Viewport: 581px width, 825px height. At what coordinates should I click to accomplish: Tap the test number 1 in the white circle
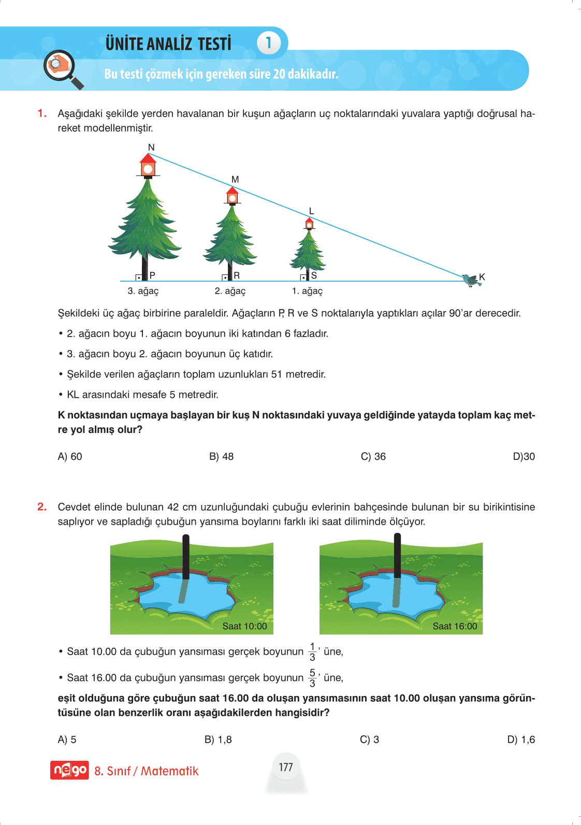(269, 43)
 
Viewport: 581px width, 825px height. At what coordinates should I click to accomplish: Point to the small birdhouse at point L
(309, 224)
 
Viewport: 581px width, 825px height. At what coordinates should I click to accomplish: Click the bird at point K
(471, 280)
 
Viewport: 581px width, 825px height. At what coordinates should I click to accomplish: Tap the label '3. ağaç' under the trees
(143, 291)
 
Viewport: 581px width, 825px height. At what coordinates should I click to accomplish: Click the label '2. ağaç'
(230, 291)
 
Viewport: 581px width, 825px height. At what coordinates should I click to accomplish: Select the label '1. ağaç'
(307, 291)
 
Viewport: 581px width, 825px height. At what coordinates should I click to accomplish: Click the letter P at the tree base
(152, 275)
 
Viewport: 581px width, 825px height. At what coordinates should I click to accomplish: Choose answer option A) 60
(70, 456)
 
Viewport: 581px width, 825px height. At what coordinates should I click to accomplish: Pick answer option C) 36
(373, 456)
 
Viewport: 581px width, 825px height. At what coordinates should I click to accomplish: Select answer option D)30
(524, 456)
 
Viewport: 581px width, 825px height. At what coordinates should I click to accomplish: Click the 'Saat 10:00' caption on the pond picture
(244, 626)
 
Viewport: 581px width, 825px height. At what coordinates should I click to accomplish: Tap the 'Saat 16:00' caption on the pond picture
(455, 626)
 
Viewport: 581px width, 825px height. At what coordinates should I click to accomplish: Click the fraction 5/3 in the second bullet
(312, 678)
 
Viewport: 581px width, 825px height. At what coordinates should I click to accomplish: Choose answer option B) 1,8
(218, 740)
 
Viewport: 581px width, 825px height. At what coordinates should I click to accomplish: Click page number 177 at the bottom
(286, 767)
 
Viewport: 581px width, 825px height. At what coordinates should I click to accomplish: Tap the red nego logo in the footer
(69, 771)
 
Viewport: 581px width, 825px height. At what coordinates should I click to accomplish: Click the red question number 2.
(42, 507)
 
